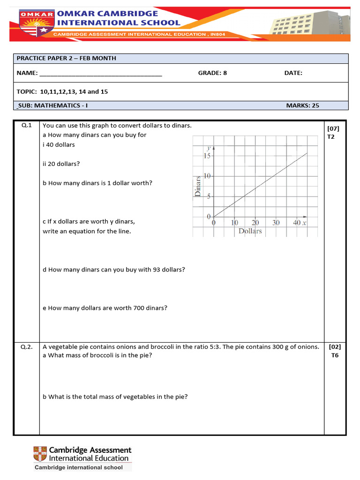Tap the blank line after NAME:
pyautogui.click(x=101, y=74)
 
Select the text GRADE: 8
pyautogui.click(x=212, y=73)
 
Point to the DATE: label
pyautogui.click(x=293, y=73)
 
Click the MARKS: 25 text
pyautogui.click(x=302, y=105)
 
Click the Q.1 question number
pyautogui.click(x=26, y=126)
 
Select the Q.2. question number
pyautogui.click(x=27, y=347)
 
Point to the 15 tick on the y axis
pyautogui.click(x=207, y=156)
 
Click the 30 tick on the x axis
pyautogui.click(x=276, y=223)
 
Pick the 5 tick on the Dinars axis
pyautogui.click(x=210, y=196)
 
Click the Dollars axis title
pyautogui.click(x=250, y=231)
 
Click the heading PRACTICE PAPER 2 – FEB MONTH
pyautogui.click(x=66, y=58)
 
